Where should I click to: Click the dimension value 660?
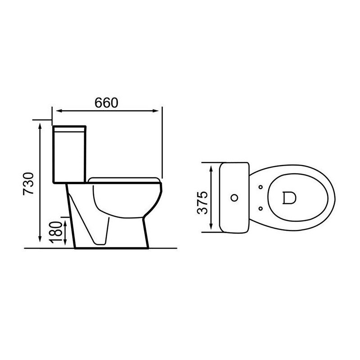point(106,103)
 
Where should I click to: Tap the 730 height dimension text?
point(29,184)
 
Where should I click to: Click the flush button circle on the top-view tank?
point(234,198)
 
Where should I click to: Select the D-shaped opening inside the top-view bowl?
point(288,198)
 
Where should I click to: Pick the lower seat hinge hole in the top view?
point(261,208)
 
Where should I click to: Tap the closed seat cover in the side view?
point(125,180)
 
